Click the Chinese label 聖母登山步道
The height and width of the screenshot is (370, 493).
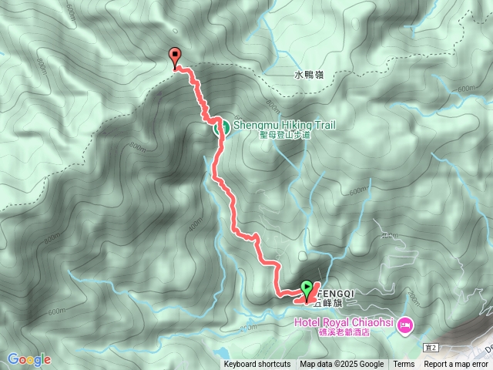(284, 134)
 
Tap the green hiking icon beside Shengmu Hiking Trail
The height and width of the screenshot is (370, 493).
(220, 128)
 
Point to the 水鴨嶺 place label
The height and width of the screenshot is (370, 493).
(310, 76)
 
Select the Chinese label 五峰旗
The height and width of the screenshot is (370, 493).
(327, 304)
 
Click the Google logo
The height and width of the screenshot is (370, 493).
(29, 359)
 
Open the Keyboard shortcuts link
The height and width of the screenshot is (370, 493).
(257, 365)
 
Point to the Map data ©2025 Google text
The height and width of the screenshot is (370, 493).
(341, 365)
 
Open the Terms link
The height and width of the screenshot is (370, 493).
(404, 365)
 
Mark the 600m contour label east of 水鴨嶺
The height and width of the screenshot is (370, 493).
(466, 89)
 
